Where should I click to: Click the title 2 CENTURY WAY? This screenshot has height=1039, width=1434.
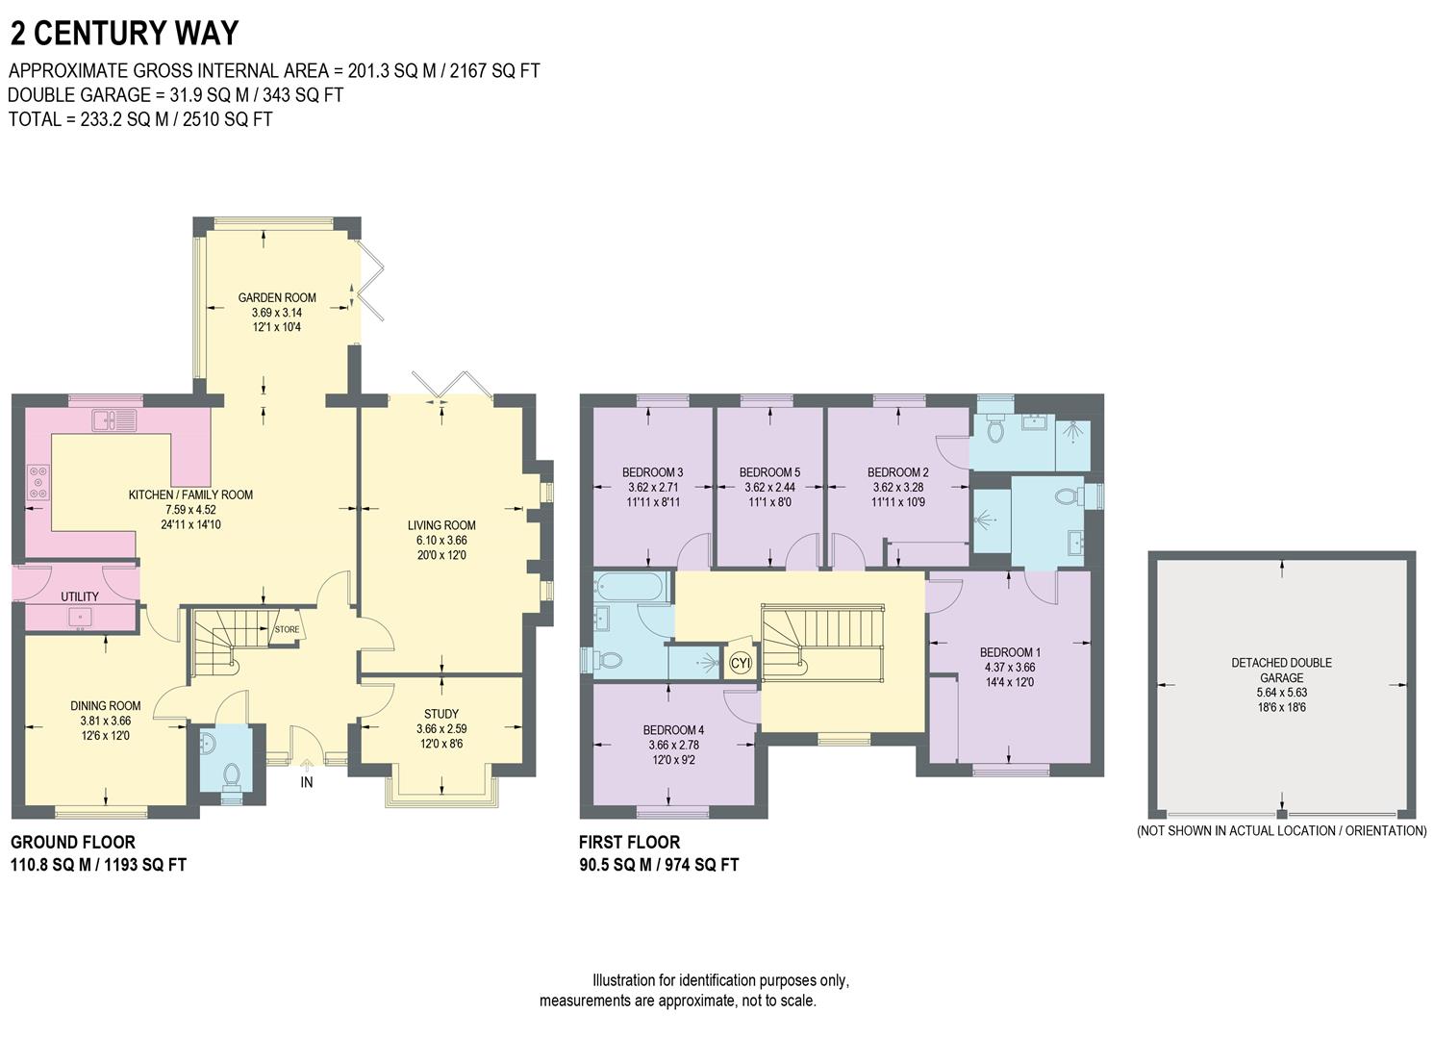pos(124,34)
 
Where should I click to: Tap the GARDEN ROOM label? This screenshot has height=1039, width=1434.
pos(277,297)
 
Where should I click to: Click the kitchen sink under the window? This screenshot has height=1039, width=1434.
pos(114,419)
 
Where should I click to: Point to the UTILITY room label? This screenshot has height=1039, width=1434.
pos(80,596)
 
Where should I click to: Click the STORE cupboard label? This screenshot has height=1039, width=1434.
pos(287,630)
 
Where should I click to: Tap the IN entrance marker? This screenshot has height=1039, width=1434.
pos(307,782)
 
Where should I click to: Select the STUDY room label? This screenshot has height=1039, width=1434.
pos(441,714)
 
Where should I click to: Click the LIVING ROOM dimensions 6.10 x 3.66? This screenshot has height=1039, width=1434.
pos(441,540)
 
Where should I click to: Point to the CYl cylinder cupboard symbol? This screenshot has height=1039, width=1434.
pos(741,663)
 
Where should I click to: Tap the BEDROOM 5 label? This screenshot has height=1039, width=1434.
pos(769,472)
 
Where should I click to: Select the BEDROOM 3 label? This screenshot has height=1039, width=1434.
pos(652,472)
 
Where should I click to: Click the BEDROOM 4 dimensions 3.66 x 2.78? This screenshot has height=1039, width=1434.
pos(673,745)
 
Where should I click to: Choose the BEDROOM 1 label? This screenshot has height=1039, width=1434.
pos(1010,652)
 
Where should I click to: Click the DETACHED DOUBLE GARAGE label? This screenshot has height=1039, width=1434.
pos(1281,670)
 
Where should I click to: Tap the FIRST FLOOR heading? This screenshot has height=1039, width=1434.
pos(629,842)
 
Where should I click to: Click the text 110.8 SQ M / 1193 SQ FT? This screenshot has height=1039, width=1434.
pos(98,865)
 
